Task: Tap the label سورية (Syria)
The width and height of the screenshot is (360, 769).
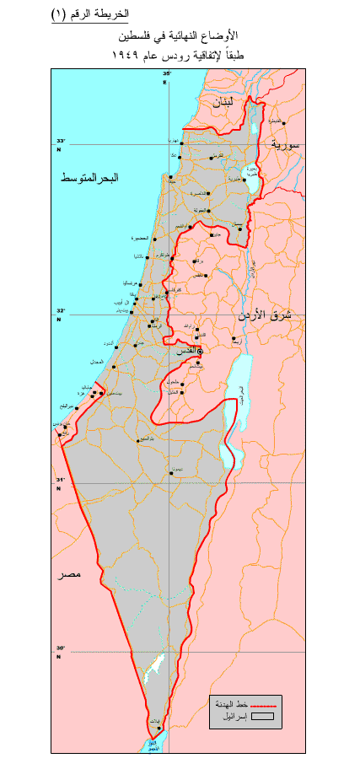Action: (x=286, y=144)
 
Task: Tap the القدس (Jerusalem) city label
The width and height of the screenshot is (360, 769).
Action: (x=190, y=349)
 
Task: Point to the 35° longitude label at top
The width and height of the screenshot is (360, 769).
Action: (x=166, y=74)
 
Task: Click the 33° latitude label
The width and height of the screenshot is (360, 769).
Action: (x=60, y=142)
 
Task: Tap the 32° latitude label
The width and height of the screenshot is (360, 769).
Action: (x=60, y=310)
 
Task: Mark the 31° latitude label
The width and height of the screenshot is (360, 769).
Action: (x=60, y=480)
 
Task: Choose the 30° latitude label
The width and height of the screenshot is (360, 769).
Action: (x=60, y=648)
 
